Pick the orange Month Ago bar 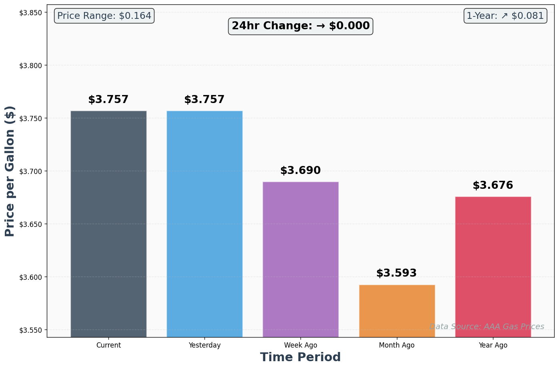coord(397,311)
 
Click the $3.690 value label coord(301,170)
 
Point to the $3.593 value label coord(397,273)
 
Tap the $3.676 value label coord(493,185)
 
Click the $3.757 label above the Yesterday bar coord(204,99)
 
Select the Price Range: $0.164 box coord(104,16)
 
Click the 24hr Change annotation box coord(301,26)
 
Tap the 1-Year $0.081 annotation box coord(505,16)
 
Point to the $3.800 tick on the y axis coord(31,65)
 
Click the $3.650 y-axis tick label coord(31,224)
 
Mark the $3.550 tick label coord(31,330)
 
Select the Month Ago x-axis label coord(397,345)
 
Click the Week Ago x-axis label coord(301,345)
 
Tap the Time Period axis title coord(301,357)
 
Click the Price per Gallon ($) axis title coord(10,171)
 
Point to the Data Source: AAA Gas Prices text coord(487,326)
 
